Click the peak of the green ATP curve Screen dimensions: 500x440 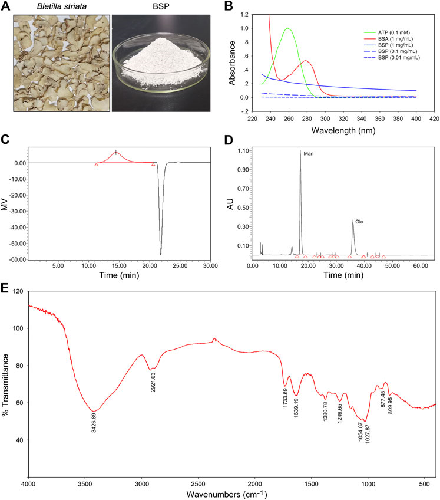[x=287, y=28]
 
